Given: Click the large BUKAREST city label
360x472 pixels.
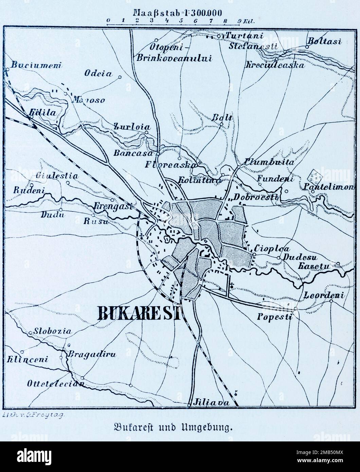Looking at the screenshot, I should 139,313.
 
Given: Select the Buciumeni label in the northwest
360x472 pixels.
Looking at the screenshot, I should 35,65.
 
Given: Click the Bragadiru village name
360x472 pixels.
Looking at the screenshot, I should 92,355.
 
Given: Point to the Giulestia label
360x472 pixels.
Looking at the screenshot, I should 59,176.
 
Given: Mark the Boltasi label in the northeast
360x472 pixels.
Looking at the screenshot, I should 324,41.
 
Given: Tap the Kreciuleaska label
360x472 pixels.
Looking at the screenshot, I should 275,65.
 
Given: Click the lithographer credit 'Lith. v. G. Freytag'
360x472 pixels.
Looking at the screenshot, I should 33,415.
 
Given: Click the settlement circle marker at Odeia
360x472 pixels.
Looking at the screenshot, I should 120,77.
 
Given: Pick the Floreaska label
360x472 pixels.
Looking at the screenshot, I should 171,165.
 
